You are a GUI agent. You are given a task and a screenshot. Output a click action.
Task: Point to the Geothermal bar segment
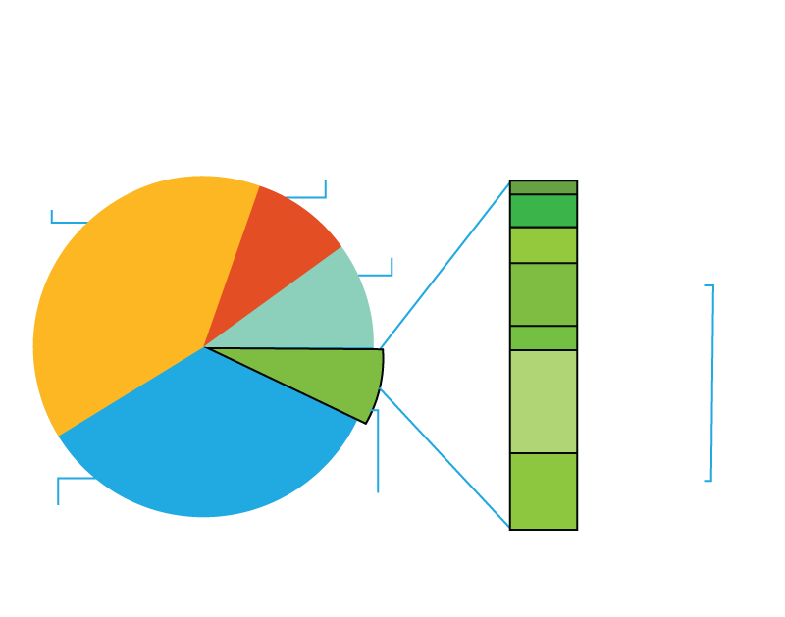coord(543,187)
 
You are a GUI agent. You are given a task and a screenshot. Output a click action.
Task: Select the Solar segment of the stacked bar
coord(543,211)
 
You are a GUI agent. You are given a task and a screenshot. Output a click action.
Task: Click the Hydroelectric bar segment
coord(543,245)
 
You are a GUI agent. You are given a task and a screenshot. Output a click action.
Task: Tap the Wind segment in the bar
coord(543,294)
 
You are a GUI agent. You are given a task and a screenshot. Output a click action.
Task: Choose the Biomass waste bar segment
coord(543,337)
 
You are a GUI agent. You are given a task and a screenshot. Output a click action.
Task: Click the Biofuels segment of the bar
coord(543,401)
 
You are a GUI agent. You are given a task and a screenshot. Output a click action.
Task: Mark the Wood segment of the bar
coord(543,490)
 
